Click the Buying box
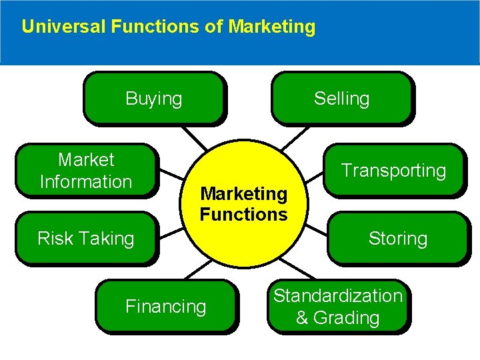click(x=153, y=99)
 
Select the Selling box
click(x=341, y=99)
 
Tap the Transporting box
click(x=393, y=171)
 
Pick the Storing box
click(x=398, y=239)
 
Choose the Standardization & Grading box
click(x=338, y=307)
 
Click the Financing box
click(x=166, y=307)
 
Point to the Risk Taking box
click(x=86, y=239)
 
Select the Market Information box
click(x=86, y=171)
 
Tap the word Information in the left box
click(x=86, y=182)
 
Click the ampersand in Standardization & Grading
click(x=302, y=318)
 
